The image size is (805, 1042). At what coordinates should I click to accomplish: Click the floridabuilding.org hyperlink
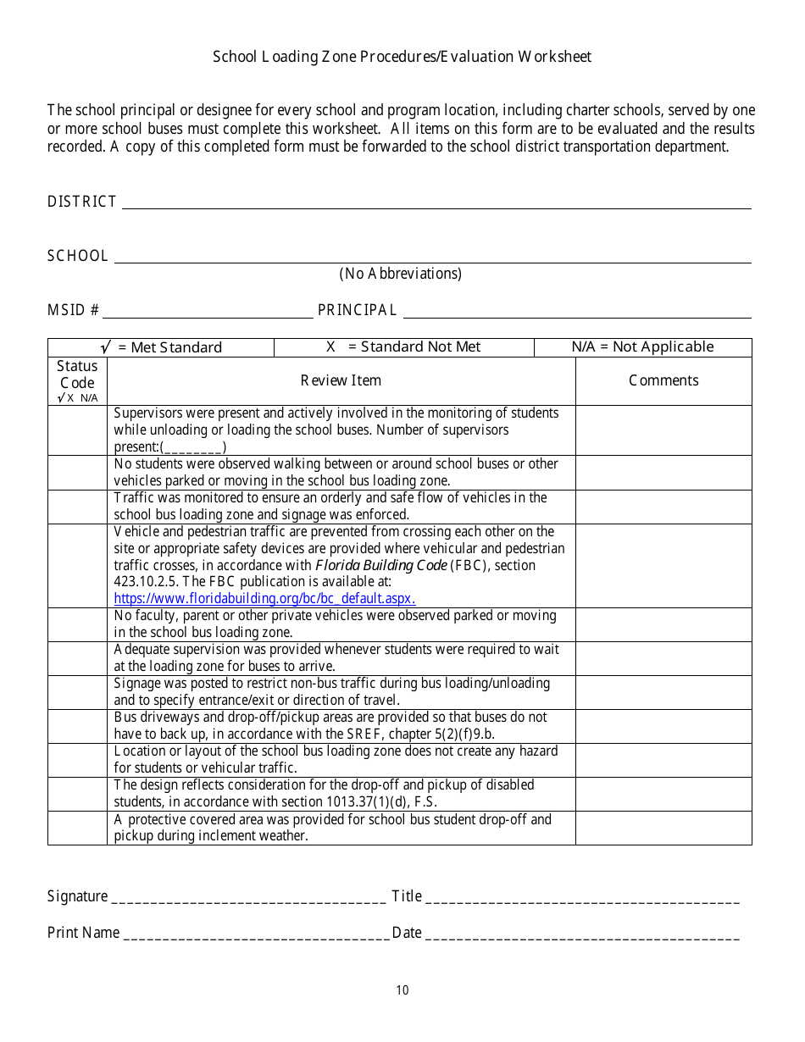point(264,598)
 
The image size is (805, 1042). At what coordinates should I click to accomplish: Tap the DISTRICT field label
point(81,202)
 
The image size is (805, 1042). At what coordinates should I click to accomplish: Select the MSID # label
point(73,310)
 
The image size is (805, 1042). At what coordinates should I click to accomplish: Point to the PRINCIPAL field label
point(357,310)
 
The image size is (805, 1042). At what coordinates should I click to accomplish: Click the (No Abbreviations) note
point(400,274)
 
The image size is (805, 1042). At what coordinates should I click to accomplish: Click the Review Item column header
point(341,380)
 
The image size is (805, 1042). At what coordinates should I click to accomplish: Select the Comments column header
point(663,380)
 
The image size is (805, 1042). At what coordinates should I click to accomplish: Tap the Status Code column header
point(77,380)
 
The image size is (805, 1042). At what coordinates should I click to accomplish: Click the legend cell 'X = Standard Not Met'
point(403,346)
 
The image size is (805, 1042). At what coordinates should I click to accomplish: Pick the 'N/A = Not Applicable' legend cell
point(642,346)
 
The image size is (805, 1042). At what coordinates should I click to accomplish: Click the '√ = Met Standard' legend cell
point(161,347)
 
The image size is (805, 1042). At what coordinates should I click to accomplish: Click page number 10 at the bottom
point(402,990)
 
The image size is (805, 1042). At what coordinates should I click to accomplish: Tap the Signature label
point(77,896)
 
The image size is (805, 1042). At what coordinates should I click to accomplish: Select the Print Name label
point(83,933)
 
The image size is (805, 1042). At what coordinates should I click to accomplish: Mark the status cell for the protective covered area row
point(77,828)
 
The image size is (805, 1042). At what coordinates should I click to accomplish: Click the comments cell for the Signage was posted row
point(663,692)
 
